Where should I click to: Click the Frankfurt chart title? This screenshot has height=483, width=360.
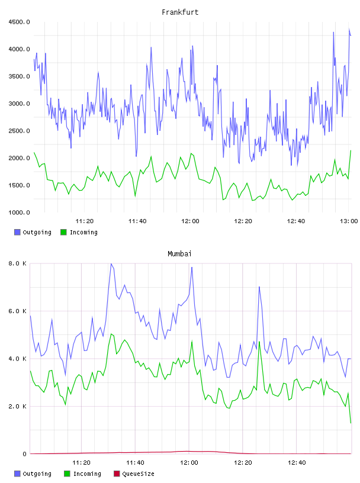pos(180,12)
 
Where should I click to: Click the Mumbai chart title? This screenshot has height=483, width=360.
pos(179,254)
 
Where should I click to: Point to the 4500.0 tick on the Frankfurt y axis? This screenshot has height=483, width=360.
pos(19,22)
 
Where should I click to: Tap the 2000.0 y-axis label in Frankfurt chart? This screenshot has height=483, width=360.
pos(19,158)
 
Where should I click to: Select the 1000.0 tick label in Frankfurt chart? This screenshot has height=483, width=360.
pos(19,212)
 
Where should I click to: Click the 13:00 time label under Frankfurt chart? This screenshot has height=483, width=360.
pos(349,221)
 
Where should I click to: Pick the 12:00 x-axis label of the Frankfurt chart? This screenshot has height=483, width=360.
pos(190,221)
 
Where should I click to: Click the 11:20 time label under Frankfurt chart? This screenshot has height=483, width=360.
pos(85,221)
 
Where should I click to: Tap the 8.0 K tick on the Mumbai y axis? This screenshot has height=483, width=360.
pos(18,263)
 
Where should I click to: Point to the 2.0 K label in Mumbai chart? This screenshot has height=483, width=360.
pos(18,406)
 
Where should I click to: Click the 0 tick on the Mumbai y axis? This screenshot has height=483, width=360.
pos(25,454)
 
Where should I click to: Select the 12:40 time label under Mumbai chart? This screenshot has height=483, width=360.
pos(297,463)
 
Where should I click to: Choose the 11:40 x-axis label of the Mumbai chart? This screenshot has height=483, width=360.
pos(135,463)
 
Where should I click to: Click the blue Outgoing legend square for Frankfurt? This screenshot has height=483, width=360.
pos(17,232)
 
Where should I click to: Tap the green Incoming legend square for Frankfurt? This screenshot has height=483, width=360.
pos(63,232)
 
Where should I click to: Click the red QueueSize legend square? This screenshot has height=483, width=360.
pos(117,474)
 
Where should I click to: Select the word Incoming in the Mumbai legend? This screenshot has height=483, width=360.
pos(87,474)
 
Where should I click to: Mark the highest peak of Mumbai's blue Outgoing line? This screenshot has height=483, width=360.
pos(111,263)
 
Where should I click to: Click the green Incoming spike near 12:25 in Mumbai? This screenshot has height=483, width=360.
pos(259,342)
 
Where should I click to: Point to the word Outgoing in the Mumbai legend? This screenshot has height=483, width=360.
pos(37,474)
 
